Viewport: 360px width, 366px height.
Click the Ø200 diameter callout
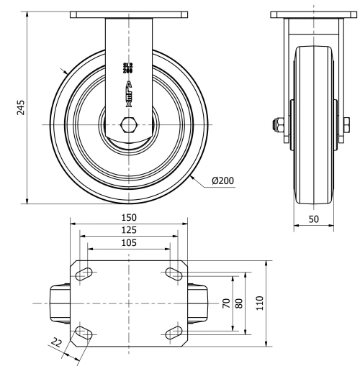(x=223, y=181)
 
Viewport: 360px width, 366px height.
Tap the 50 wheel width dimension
(x=314, y=218)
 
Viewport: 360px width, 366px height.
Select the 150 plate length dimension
(x=130, y=217)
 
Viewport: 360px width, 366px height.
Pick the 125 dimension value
(x=130, y=230)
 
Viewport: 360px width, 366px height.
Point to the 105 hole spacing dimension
(x=130, y=244)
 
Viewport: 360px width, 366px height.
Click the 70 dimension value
(x=225, y=303)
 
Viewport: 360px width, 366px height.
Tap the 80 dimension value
(x=239, y=303)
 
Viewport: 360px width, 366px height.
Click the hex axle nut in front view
(x=130, y=126)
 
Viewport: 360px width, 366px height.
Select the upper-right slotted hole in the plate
(x=174, y=273)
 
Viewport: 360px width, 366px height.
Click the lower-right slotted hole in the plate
(x=174, y=331)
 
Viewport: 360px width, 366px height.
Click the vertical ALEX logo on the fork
(x=130, y=93)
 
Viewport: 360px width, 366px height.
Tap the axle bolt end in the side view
(x=276, y=126)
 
